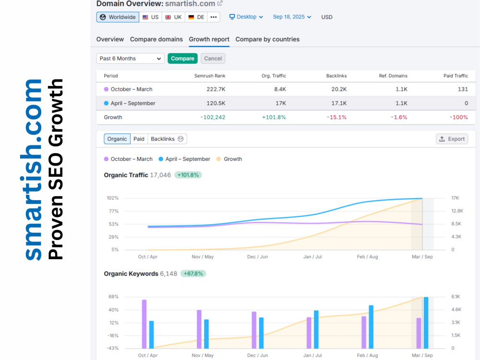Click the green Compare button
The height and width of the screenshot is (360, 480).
click(182, 59)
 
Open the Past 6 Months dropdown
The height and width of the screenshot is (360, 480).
click(130, 59)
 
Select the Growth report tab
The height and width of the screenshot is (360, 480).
click(209, 39)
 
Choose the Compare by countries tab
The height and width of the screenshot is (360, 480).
click(267, 39)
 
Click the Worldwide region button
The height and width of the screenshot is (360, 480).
click(118, 17)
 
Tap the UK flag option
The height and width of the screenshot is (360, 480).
click(174, 17)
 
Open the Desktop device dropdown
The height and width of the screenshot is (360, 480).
click(246, 17)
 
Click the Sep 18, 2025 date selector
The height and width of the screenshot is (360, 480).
click(292, 17)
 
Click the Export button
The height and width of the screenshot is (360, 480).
click(452, 139)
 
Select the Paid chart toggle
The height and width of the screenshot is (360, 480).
click(139, 139)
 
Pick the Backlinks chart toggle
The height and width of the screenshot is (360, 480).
click(167, 139)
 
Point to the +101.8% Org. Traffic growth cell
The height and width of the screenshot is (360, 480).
click(274, 117)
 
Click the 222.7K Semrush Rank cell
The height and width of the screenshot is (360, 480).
click(216, 89)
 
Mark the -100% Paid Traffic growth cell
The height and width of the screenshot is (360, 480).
click(458, 117)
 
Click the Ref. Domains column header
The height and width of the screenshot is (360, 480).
click(393, 76)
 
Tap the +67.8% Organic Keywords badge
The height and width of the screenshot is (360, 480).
click(193, 274)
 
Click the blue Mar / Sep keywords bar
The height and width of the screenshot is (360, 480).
click(426, 323)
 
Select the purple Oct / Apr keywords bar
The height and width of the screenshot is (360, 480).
click(144, 324)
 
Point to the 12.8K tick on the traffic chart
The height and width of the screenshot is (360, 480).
click(457, 211)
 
